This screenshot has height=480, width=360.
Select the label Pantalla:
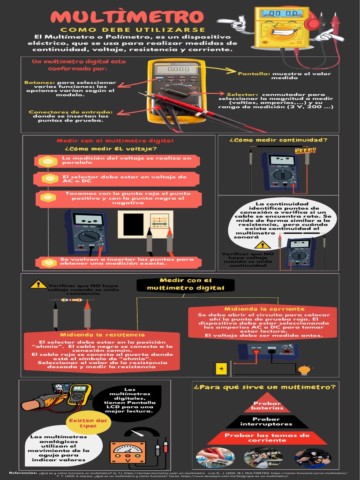254,74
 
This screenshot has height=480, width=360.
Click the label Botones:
37,82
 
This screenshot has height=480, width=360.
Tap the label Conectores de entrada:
70,112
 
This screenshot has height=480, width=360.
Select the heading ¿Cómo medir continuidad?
278,140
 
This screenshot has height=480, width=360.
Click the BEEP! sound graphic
305,150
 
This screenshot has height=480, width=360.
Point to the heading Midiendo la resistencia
102,334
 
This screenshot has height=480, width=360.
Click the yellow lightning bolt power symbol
221,368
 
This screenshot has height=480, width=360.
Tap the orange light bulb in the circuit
304,369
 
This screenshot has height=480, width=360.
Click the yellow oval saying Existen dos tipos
88,423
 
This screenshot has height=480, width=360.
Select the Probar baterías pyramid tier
267,405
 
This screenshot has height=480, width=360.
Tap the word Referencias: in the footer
23,473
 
